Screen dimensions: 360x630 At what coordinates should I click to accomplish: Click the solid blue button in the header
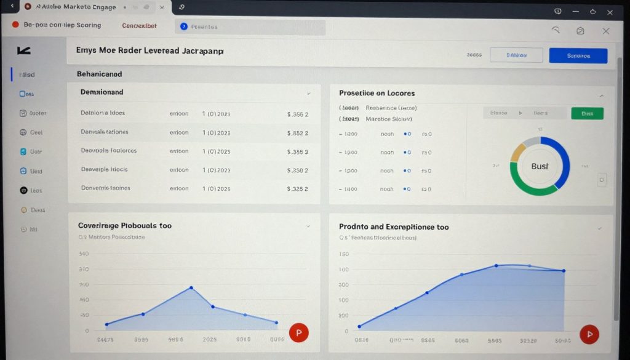pos(578,55)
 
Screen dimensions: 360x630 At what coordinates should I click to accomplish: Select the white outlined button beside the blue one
pos(516,55)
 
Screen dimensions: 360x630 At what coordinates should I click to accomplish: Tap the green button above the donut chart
pos(587,113)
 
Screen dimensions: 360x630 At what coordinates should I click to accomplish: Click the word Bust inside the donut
pos(540,166)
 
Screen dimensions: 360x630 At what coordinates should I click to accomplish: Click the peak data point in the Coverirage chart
pos(191,287)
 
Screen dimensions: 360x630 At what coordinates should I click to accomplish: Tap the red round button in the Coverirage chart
pos(298,333)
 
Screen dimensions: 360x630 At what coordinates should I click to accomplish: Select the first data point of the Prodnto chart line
pos(359,326)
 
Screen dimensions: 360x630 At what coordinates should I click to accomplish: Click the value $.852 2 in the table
pos(298,132)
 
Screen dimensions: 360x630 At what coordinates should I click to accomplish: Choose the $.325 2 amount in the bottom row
pos(298,189)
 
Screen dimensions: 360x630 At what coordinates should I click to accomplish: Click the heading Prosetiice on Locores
pos(377,93)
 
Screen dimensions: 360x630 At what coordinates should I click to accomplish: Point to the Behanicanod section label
pos(99,74)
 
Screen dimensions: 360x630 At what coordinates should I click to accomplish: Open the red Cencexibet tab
pos(139,26)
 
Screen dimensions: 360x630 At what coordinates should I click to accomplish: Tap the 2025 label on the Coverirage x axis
pos(209,339)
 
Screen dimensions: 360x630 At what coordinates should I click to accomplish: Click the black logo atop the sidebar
pos(24,50)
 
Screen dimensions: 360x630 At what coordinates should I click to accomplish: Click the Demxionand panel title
pos(102,92)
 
